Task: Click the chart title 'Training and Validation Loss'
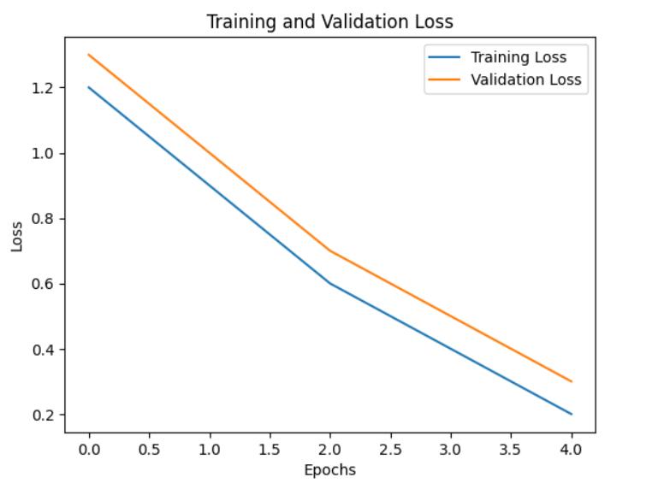[330, 21]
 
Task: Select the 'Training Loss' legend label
[519, 57]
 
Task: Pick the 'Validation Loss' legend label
[526, 80]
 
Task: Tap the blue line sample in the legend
[444, 57]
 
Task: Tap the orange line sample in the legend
[444, 80]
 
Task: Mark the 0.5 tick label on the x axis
[149, 449]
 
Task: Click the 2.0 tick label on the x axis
[330, 449]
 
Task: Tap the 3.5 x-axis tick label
[511, 449]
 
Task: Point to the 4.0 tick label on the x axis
[571, 449]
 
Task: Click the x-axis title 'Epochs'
[330, 470]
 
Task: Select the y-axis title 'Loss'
[17, 237]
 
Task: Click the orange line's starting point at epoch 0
[89, 55]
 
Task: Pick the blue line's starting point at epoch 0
[89, 87]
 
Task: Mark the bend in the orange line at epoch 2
[330, 250]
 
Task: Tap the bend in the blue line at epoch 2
[330, 284]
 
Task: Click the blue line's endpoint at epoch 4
[572, 414]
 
